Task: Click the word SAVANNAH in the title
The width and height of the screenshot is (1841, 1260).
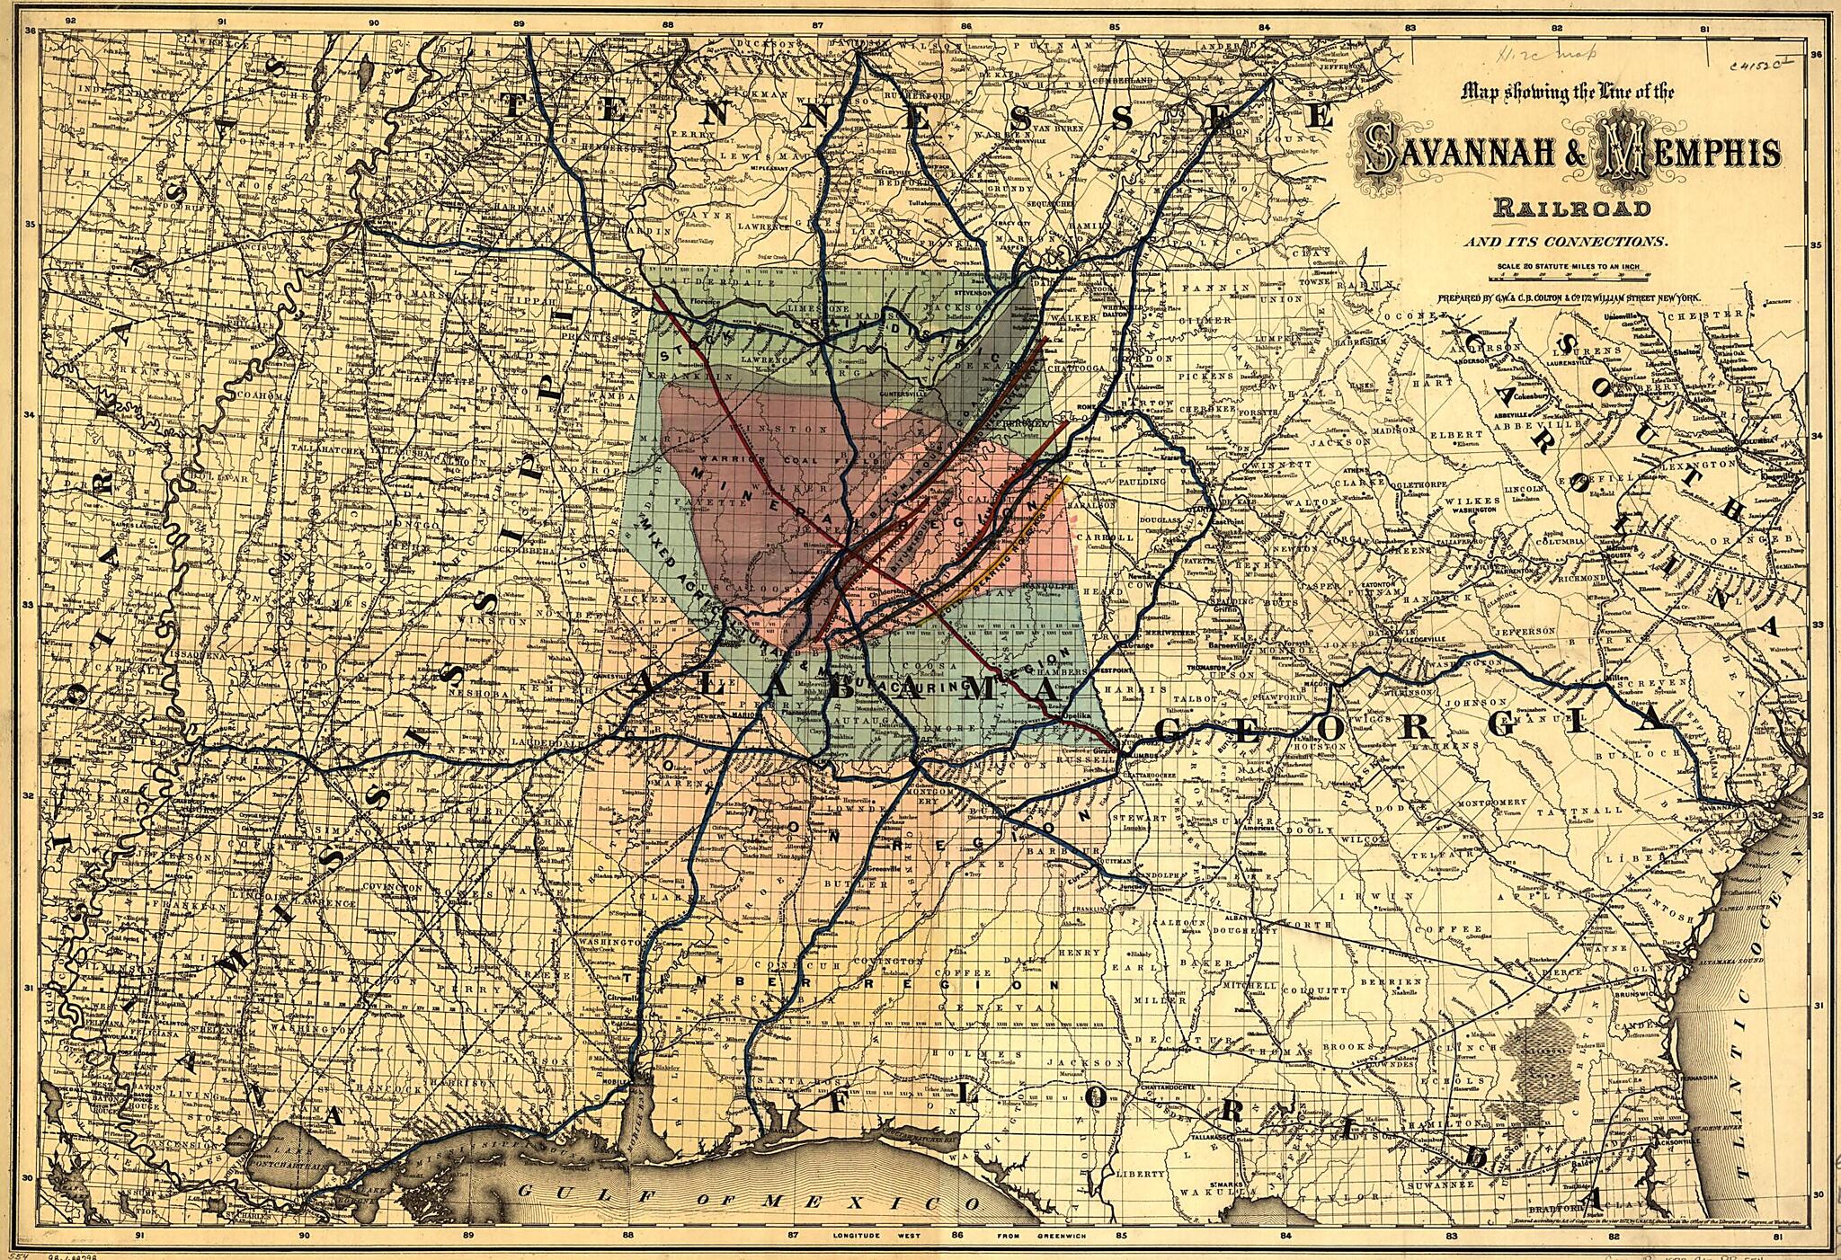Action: click(x=1474, y=154)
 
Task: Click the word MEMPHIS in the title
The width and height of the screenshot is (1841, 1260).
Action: click(x=1690, y=154)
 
